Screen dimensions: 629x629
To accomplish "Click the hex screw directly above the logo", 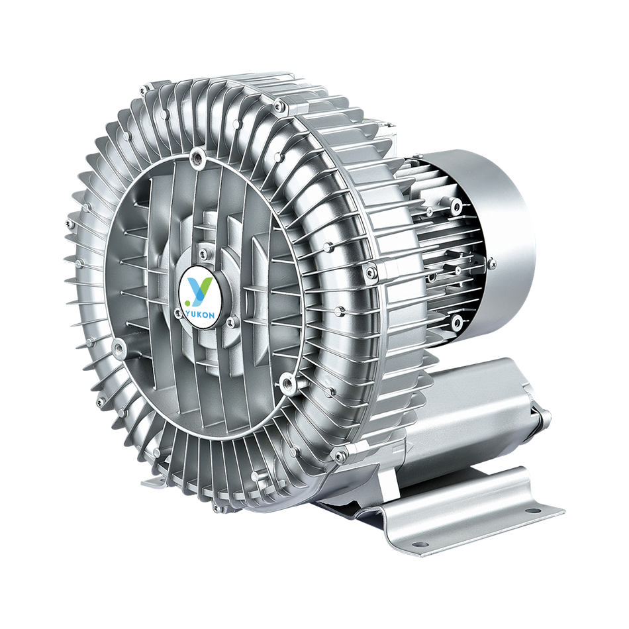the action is point(203,252).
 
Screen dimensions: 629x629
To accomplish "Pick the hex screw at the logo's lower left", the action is point(177,312).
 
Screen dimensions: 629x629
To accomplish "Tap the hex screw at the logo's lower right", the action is point(230,320).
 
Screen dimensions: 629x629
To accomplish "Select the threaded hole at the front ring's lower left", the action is point(117,344).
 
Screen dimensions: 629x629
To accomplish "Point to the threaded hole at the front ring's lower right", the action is point(287,379).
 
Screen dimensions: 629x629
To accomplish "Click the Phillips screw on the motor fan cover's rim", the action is point(492,263).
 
